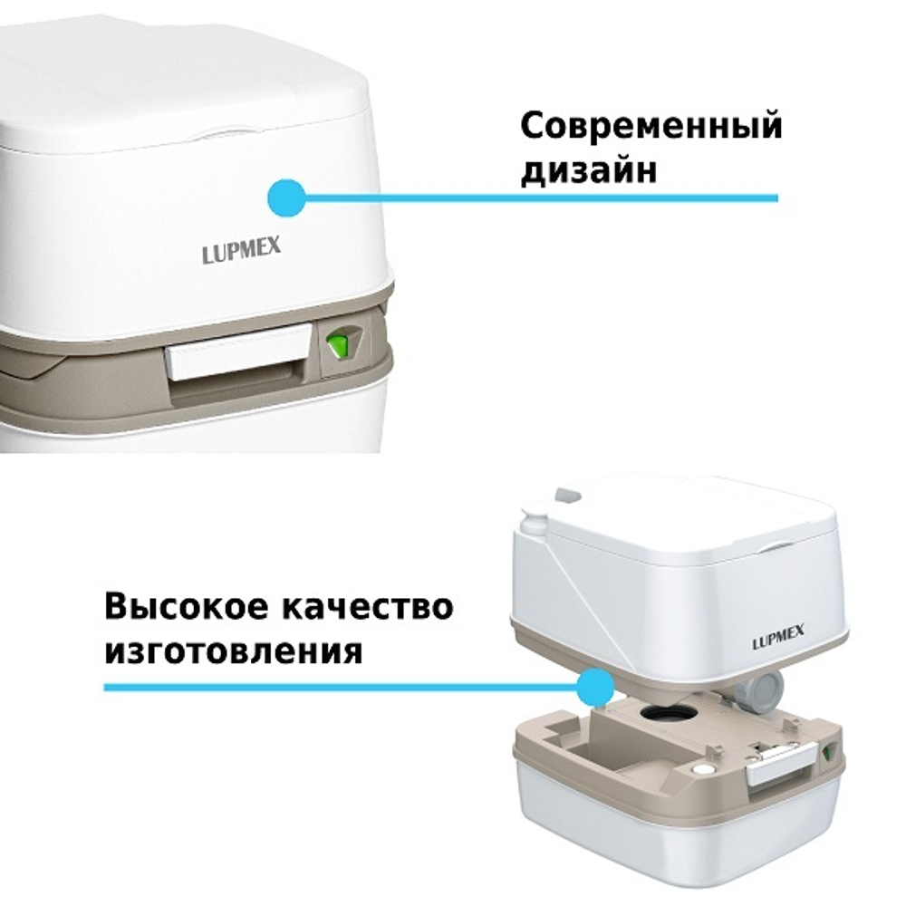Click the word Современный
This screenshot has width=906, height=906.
coord(651,128)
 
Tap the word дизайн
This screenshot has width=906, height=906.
coord(588,170)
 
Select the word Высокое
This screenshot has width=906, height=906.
coord(188,607)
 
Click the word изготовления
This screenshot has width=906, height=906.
coord(234,651)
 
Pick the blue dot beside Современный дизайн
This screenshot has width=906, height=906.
coord(288,196)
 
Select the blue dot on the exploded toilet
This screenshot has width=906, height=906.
coord(595,688)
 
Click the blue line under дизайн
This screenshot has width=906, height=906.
coord(544,197)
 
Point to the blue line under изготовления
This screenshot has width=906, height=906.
coord(344,688)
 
